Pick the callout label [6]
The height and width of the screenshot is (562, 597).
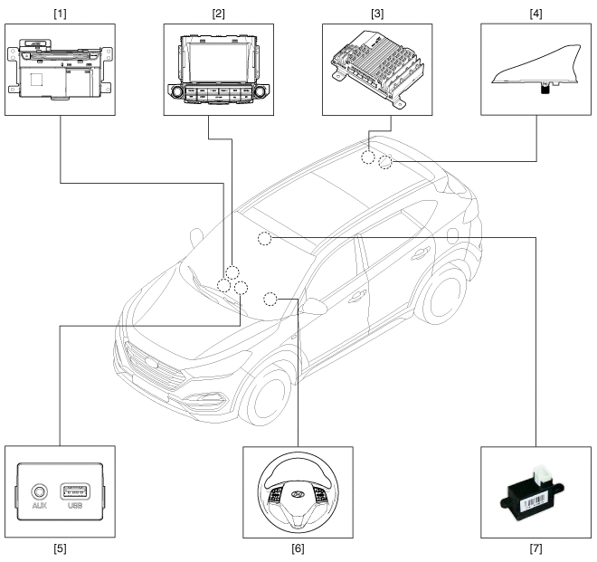pyautogui.click(x=298, y=548)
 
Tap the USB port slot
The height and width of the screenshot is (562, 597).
pyautogui.click(x=78, y=492)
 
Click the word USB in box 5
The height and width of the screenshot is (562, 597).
pyautogui.click(x=78, y=507)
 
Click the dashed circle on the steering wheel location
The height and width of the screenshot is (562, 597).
pyautogui.click(x=270, y=298)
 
